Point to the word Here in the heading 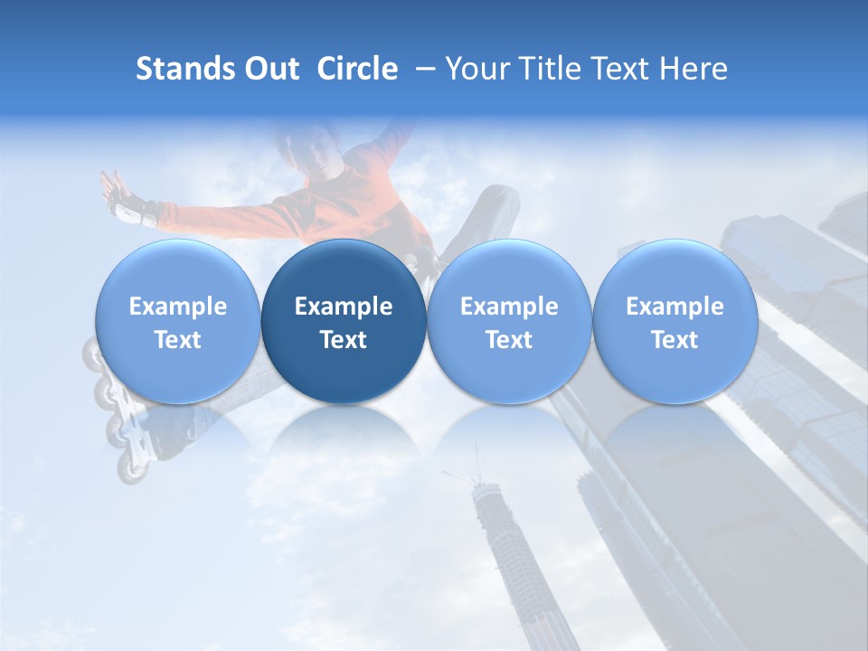693,69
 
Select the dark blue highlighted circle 344,321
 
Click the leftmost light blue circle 178,321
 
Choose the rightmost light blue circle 675,321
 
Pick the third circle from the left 509,321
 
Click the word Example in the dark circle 344,307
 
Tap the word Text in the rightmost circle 675,340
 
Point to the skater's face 307,149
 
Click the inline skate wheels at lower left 127,434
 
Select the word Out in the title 271,69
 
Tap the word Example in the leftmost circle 178,307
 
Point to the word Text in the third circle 509,340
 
